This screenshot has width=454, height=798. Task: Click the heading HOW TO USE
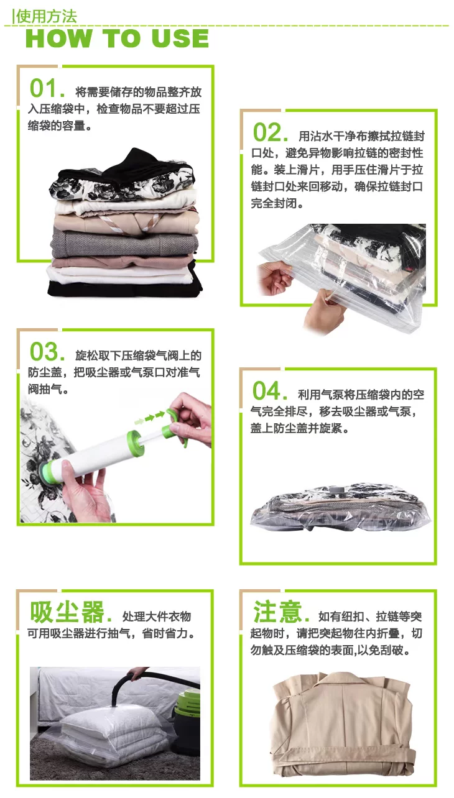click(x=118, y=39)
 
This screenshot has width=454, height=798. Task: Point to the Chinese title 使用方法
click(x=46, y=16)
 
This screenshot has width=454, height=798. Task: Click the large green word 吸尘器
click(x=67, y=612)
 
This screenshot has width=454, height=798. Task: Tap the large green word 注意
click(x=277, y=612)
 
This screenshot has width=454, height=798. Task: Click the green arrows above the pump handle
click(x=150, y=417)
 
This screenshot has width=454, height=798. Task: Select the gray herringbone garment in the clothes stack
click(x=125, y=242)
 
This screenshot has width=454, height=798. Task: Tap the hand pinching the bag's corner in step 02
click(x=275, y=277)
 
